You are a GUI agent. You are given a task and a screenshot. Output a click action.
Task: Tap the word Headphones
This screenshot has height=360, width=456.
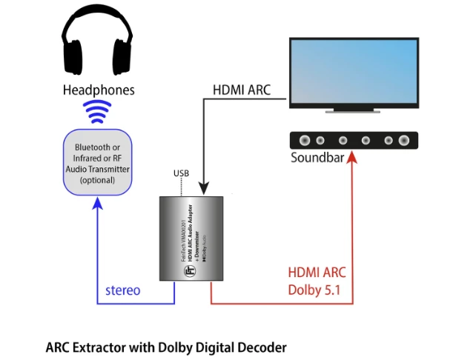tap(97, 91)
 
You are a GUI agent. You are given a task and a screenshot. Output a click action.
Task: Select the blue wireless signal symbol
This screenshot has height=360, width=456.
tap(97, 113)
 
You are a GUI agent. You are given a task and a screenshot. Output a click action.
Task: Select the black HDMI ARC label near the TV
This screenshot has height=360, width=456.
tap(242, 90)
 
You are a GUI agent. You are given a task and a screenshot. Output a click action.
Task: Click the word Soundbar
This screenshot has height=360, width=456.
tap(320, 157)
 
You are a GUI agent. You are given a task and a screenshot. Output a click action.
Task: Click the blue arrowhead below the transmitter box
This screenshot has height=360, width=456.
tap(97, 204)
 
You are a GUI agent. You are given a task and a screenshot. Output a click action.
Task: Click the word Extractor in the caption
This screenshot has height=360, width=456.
tap(98, 347)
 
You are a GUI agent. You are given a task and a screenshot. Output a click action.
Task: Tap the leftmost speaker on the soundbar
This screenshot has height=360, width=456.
tap(305, 139)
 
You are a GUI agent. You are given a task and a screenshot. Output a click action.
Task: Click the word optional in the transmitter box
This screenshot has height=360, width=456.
tap(97, 180)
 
